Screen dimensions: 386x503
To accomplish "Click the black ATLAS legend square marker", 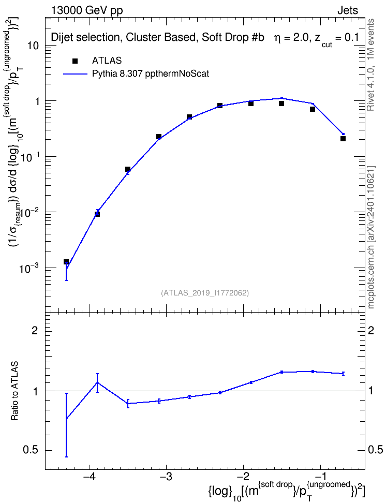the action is (x=75, y=61).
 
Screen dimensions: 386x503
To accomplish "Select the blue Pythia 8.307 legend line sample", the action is (x=75, y=74).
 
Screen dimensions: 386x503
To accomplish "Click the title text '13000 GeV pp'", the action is (x=86, y=10).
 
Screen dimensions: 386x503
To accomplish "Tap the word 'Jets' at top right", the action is (x=348, y=10).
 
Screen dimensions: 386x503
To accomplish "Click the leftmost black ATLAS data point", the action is (x=66, y=262).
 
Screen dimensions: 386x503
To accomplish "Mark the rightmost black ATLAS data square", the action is (x=343, y=139).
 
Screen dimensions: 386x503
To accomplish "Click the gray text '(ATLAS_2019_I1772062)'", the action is (x=205, y=292).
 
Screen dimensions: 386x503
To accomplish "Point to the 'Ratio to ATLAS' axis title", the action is (x=14, y=391).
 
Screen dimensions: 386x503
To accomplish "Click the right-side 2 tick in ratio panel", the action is (x=371, y=330).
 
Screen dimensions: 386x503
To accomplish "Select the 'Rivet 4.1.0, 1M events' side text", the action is (x=370, y=65).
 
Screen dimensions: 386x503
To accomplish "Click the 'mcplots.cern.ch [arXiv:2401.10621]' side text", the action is (x=370, y=237).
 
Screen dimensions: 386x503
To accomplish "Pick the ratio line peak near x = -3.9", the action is (x=97, y=382).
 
